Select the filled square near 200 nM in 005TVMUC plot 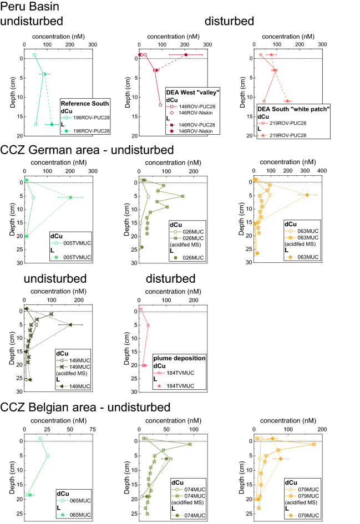70,197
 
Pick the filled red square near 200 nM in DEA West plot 186,55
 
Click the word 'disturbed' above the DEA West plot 229,22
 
